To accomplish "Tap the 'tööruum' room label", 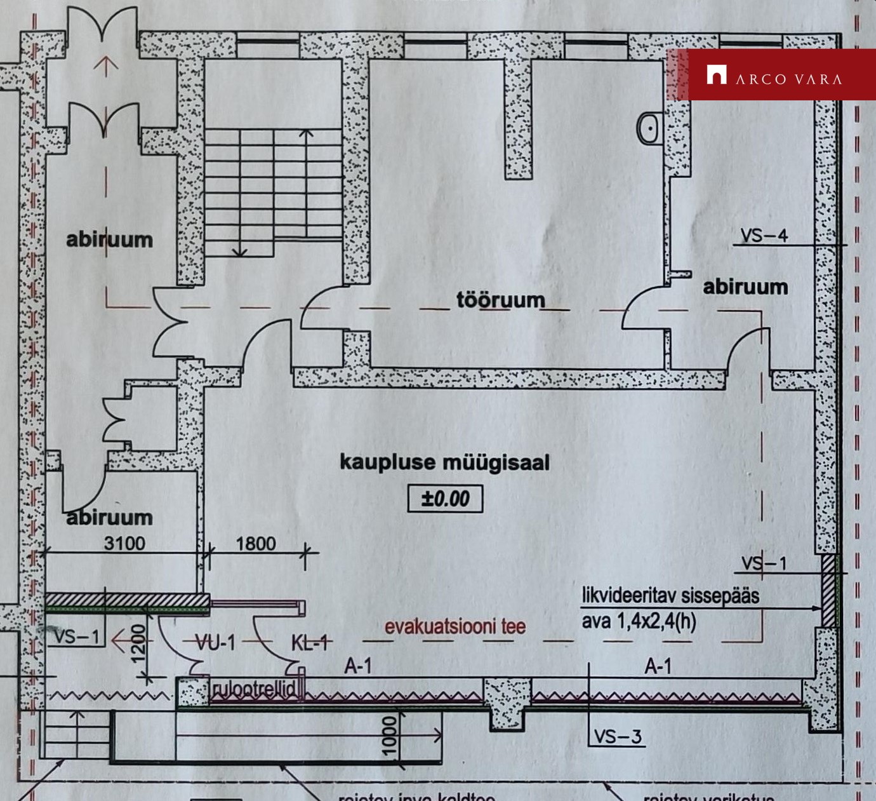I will [x=501, y=300].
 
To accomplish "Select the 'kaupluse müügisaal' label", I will [x=444, y=462].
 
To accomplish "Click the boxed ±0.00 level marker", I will [x=445, y=499].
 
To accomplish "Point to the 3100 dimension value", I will [x=124, y=544].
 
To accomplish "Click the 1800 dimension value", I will [x=256, y=544].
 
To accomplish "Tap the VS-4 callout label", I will [x=764, y=236].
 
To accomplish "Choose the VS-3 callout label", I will [x=618, y=737].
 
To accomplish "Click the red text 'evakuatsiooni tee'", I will [x=455, y=627].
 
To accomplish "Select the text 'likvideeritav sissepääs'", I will [x=670, y=596].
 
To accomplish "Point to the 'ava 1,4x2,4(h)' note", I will [x=639, y=620].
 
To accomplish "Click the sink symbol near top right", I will [x=649, y=128].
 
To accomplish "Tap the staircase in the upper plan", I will [x=273, y=191].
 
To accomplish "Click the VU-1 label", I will [x=215, y=643].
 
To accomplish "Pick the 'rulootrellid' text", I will [x=253, y=690].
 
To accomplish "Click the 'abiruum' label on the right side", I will [x=745, y=287].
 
